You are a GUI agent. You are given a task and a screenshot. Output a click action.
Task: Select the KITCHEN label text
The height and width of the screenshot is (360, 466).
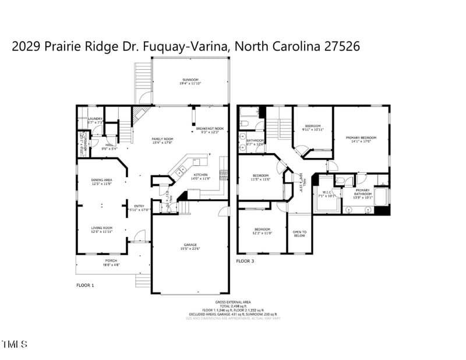[x=201, y=175]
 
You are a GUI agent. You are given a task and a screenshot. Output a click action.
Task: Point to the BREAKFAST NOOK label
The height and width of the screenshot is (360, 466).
[x=210, y=129]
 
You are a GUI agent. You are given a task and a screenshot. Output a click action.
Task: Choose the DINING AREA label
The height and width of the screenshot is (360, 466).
[x=101, y=181]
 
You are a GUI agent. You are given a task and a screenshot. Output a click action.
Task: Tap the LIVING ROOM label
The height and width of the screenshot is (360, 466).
[x=101, y=228]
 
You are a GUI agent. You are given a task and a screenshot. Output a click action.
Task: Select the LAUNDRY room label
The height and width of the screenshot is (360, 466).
[x=96, y=119]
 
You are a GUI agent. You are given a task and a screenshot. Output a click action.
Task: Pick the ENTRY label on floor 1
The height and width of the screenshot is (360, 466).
[x=139, y=206]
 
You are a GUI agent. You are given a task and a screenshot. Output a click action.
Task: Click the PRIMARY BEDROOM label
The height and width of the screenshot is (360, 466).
[x=361, y=138]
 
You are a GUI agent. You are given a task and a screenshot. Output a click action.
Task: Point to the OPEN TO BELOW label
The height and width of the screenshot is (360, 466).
[x=300, y=234]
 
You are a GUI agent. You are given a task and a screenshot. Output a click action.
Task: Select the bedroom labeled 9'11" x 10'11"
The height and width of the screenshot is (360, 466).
[x=313, y=126]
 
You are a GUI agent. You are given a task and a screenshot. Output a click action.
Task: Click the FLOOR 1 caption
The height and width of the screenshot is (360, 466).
[x=85, y=285]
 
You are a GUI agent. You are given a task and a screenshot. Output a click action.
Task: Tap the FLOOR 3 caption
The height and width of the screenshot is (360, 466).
[x=245, y=261]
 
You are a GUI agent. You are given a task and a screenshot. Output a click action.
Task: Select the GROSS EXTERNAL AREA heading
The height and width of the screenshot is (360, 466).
[x=233, y=302]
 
